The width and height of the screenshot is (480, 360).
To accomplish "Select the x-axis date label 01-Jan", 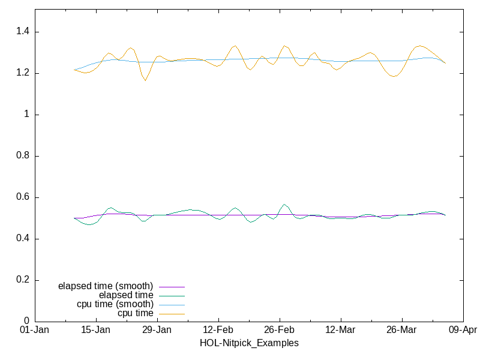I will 35,330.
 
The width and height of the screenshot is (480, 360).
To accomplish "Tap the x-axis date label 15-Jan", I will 96,330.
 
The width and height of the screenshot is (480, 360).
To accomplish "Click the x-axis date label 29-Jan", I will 157,330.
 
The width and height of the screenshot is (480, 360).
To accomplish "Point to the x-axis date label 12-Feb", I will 218,330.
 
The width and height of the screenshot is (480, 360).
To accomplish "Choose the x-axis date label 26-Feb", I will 279,330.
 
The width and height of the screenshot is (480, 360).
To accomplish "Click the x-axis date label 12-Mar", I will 340,330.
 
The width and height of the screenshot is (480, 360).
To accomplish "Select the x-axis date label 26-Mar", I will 401,330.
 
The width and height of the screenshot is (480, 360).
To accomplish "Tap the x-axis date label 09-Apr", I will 462,330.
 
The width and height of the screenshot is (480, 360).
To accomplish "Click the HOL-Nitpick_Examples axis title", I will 249,343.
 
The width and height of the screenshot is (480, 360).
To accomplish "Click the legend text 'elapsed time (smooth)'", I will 106,286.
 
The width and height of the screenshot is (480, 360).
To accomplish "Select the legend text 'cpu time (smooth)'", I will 115,304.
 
